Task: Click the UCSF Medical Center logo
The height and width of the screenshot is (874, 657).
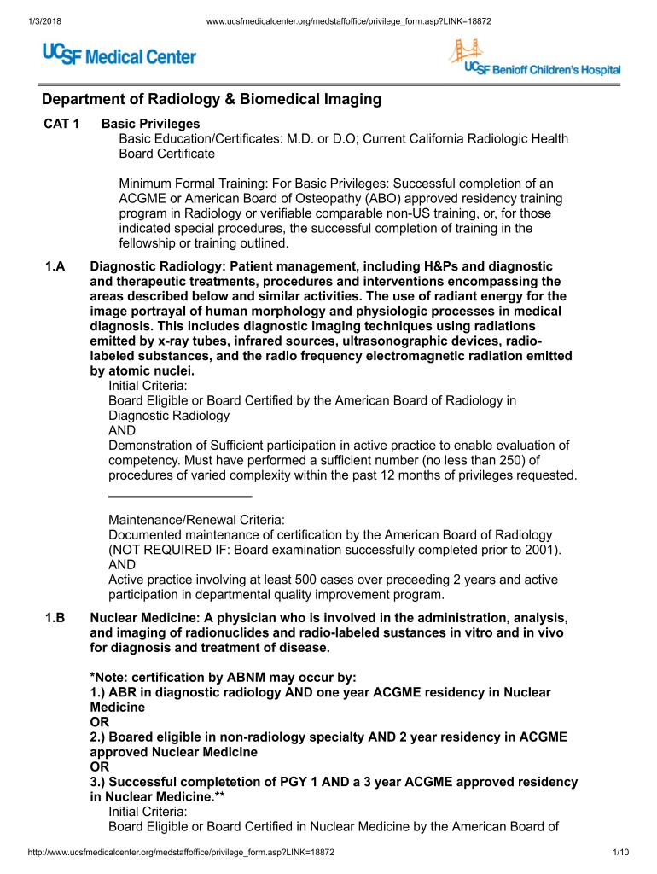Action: click(119, 56)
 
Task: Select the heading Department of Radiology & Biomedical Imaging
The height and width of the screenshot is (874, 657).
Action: click(212, 100)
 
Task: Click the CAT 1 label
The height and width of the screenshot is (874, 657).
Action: click(61, 124)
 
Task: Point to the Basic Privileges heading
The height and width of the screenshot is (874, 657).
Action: click(150, 124)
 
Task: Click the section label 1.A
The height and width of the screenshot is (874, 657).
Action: click(56, 266)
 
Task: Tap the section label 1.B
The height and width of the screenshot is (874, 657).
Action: click(56, 616)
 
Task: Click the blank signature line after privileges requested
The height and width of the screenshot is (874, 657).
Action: click(180, 495)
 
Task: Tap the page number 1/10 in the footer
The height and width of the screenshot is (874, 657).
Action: click(620, 853)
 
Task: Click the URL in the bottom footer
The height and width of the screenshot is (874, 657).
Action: click(180, 853)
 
